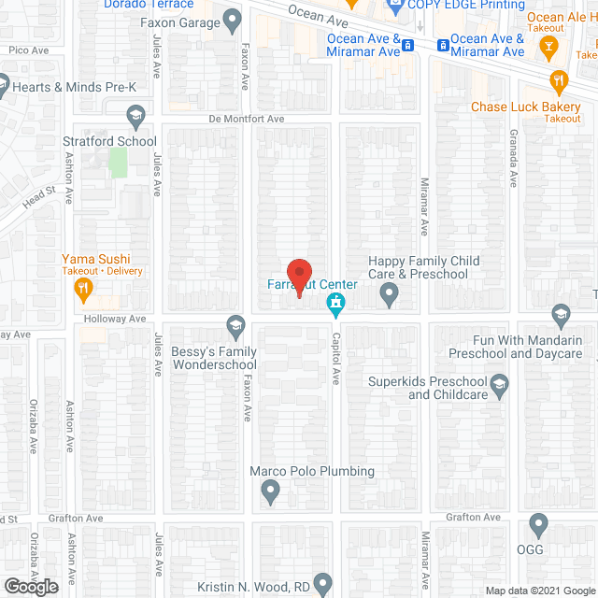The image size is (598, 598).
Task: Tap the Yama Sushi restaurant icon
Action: point(83,290)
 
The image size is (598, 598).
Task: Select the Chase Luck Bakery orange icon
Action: point(560,81)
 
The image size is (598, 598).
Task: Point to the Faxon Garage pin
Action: point(232,22)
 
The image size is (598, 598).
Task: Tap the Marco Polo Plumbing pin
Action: point(271,490)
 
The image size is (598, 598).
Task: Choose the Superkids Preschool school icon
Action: point(500,382)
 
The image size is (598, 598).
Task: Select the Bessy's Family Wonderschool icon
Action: point(235,324)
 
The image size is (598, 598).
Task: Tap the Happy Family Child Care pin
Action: point(390,296)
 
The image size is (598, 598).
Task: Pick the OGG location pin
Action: point(538,523)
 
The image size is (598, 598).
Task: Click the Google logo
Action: point(30,586)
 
